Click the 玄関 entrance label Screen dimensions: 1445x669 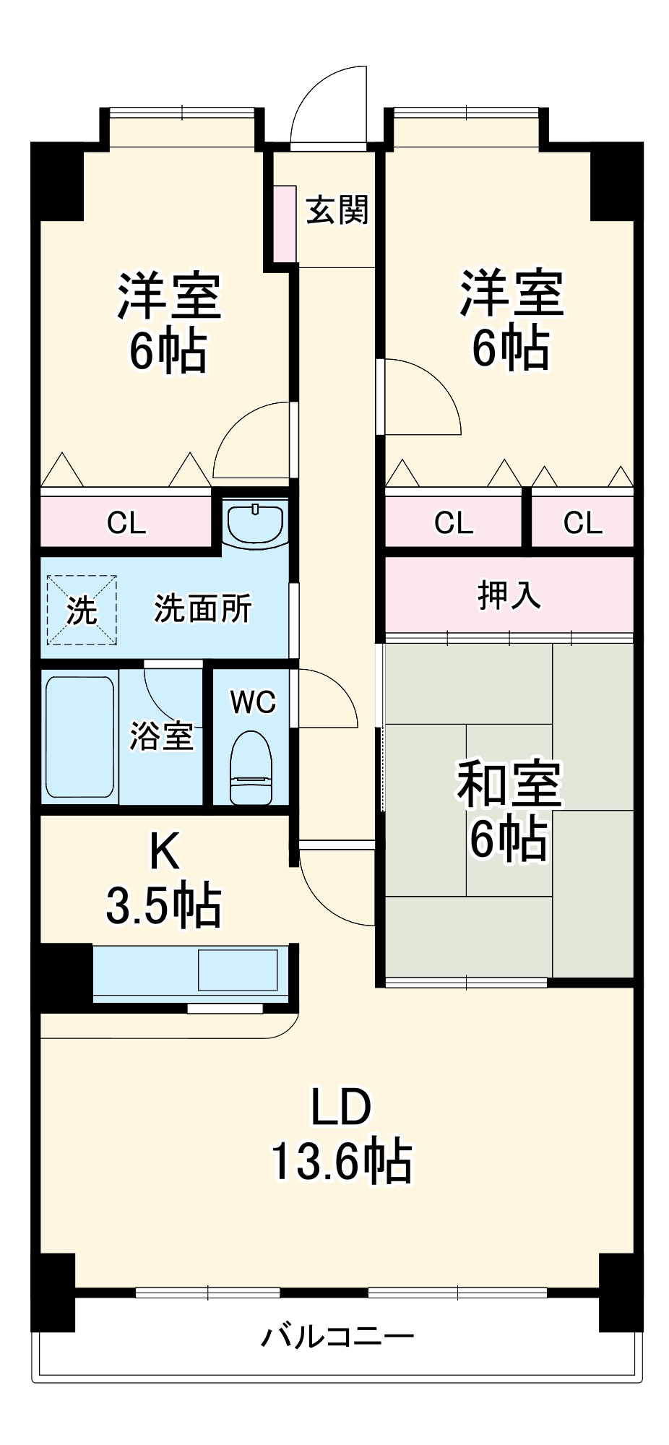337,210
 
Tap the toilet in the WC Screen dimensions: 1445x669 251,767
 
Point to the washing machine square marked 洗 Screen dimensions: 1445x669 82,610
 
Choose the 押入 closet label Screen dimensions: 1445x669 509,595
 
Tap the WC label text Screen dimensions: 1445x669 253,702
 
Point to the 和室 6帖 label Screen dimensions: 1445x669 508,812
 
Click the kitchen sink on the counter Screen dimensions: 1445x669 238,970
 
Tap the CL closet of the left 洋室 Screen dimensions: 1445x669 126,522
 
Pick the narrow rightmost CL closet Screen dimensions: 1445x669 582,522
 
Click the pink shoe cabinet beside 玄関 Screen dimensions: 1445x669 285,223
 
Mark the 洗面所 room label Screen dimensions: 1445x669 203,609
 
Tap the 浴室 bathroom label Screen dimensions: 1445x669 161,736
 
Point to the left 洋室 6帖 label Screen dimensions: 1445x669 168,322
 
